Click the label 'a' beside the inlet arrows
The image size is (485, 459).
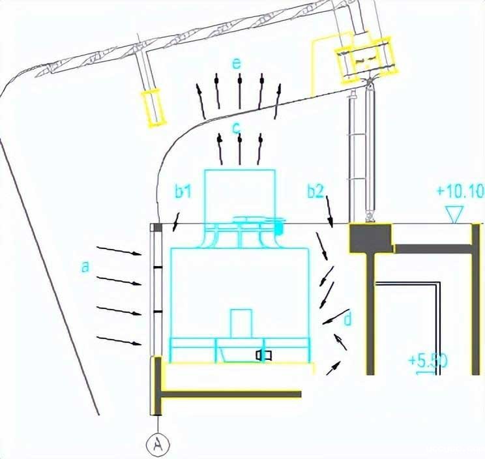(85, 267)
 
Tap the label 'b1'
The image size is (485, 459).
(183, 191)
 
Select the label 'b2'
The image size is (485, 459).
(316, 191)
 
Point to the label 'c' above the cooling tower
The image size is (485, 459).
(237, 128)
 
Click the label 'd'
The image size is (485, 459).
(347, 319)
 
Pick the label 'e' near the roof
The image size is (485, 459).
(237, 63)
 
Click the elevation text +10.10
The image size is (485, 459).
(460, 191)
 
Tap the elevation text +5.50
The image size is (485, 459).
(428, 361)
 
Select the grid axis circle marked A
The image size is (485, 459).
(158, 445)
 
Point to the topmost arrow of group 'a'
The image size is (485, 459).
(119, 251)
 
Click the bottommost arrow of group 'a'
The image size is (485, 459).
(119, 340)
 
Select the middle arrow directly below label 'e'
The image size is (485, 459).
(240, 91)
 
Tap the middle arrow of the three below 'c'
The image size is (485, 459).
(240, 150)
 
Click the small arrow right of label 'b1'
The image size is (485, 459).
(176, 222)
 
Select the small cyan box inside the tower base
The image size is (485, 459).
(241, 323)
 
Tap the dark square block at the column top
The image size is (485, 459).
(370, 238)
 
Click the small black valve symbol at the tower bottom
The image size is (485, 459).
(263, 355)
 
